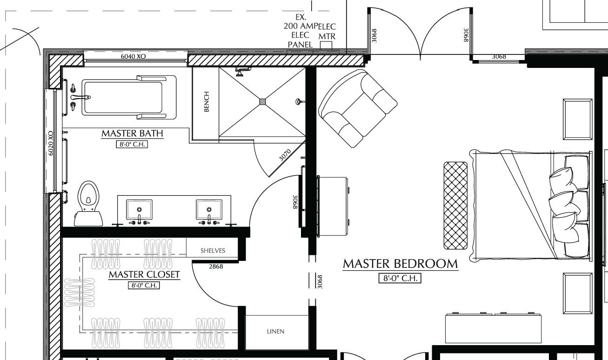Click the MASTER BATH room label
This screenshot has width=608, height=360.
[133, 133]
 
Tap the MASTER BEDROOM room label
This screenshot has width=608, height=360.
[400, 264]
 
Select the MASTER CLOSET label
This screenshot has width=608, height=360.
[144, 274]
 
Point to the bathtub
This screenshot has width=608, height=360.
[123, 95]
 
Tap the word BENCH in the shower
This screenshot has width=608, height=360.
[206, 101]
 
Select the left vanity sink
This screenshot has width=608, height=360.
[139, 210]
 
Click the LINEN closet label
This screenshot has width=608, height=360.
[275, 332]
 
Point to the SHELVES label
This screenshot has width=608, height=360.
[213, 250]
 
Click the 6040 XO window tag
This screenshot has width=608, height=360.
[134, 56]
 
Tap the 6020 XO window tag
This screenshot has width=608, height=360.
[51, 143]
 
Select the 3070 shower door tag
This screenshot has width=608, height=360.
[284, 155]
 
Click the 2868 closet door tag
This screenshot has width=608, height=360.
[216, 267]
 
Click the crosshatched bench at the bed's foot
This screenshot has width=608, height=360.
[455, 205]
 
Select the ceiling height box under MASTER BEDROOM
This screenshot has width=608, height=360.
[400, 279]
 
